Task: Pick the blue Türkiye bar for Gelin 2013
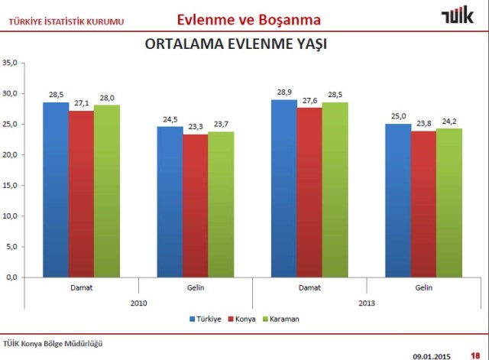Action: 398,200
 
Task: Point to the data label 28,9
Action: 284,92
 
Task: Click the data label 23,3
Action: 195,126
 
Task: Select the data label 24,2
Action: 449,121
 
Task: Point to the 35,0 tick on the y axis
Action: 10,63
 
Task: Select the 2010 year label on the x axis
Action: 138,303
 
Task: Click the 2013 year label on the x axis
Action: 367,303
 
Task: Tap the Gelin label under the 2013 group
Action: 424,287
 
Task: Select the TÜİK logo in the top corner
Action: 456,16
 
